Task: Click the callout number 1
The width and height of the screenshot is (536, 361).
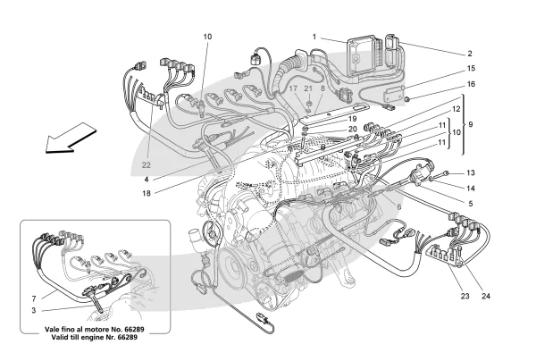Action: [x=314, y=37]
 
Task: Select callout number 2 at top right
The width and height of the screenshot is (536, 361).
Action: [x=468, y=53]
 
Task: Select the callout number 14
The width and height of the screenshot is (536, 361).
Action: [x=471, y=188]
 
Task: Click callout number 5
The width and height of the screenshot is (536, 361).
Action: [x=471, y=203]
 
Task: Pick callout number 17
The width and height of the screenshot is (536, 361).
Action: [x=292, y=89]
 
